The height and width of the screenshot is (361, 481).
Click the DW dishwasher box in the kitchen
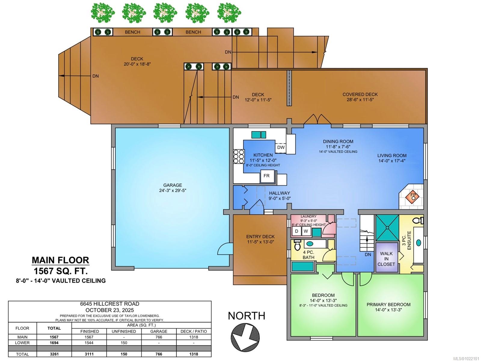pyautogui.click(x=281, y=148)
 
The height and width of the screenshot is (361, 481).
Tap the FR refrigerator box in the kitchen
pyautogui.click(x=267, y=176)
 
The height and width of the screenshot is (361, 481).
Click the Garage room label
pyautogui.click(x=173, y=185)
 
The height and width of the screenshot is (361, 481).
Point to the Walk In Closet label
pyautogui.click(x=386, y=259)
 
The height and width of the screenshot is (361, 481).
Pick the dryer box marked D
pyautogui.click(x=296, y=231)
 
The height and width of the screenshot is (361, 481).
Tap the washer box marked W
pyautogui.click(x=306, y=231)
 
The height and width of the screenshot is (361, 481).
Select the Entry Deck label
pyautogui.click(x=260, y=237)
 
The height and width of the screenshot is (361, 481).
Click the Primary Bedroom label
pyautogui.click(x=388, y=304)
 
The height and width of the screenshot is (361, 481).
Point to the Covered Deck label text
pyautogui.click(x=360, y=94)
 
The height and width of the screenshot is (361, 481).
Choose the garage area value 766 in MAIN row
pyautogui.click(x=159, y=337)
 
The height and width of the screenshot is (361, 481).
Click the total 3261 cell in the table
pyautogui.click(x=54, y=354)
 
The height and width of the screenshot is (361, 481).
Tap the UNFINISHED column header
pyautogui.click(x=124, y=331)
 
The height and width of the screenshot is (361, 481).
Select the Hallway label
pyautogui.click(x=279, y=193)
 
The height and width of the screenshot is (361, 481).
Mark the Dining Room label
pyautogui.click(x=338, y=141)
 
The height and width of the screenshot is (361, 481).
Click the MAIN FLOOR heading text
pyautogui.click(x=60, y=260)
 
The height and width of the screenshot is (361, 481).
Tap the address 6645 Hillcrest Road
pyautogui.click(x=109, y=304)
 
